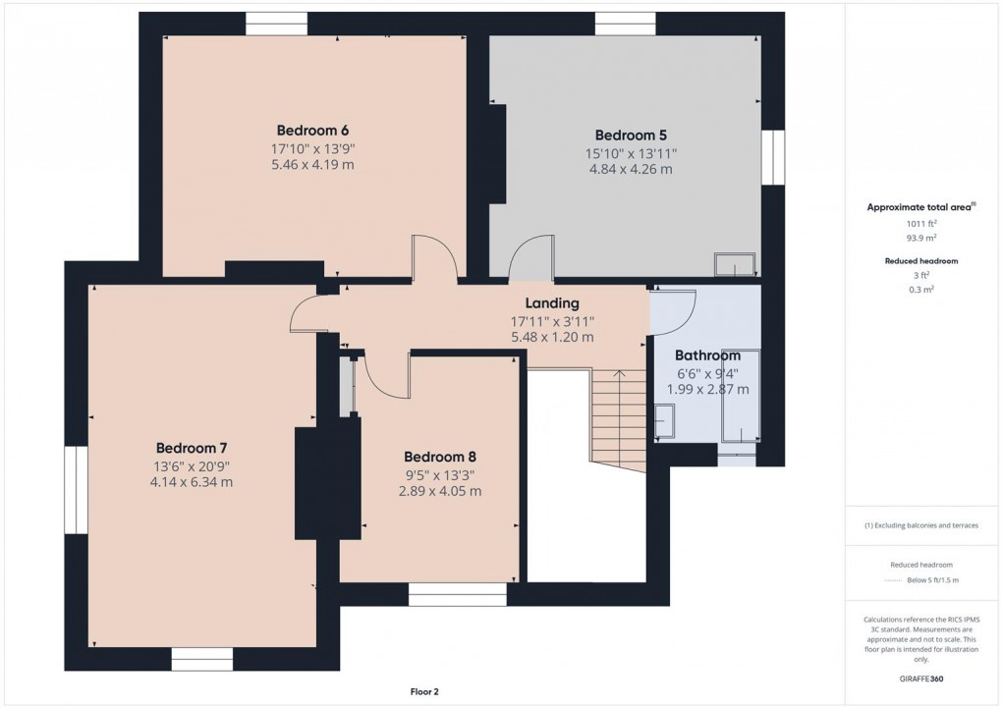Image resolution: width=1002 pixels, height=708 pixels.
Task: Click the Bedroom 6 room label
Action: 312,130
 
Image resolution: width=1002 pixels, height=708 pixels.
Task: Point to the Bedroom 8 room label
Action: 439,457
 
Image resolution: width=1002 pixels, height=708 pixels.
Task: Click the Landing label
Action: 551,303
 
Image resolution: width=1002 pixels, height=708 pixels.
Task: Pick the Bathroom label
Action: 707,355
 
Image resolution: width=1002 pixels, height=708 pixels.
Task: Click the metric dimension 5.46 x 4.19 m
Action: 312,165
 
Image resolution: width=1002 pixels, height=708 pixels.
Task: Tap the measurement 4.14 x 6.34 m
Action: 191,482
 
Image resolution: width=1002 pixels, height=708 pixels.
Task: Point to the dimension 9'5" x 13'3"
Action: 439,474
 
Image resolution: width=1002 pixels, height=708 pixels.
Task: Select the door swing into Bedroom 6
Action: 434,259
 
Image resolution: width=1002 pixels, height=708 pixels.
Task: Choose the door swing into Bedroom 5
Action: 531,259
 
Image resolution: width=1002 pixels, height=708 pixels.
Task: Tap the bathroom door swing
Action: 674,311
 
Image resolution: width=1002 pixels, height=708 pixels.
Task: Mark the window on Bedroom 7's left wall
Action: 77,490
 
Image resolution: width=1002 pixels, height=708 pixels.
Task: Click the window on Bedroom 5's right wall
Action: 773,157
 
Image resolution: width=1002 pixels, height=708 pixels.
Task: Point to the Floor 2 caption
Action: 424,691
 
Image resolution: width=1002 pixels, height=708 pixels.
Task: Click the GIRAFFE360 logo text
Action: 921,679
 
